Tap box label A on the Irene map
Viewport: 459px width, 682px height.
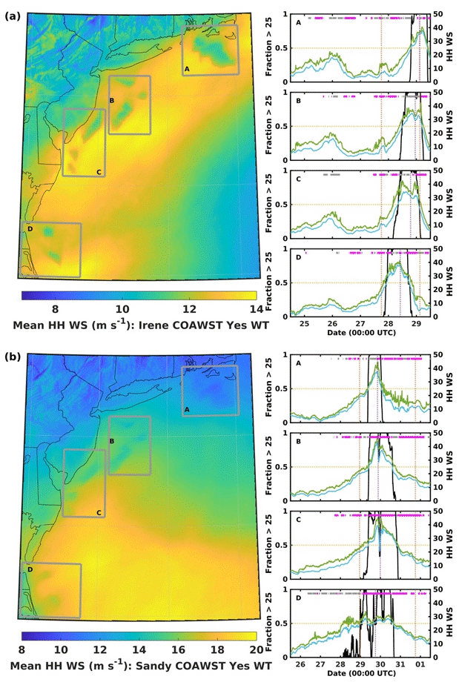tap(187, 69)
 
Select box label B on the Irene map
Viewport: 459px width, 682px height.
tap(111, 100)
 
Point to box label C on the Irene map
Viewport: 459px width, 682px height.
tap(98, 172)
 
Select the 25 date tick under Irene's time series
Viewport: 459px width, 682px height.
tap(304, 324)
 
